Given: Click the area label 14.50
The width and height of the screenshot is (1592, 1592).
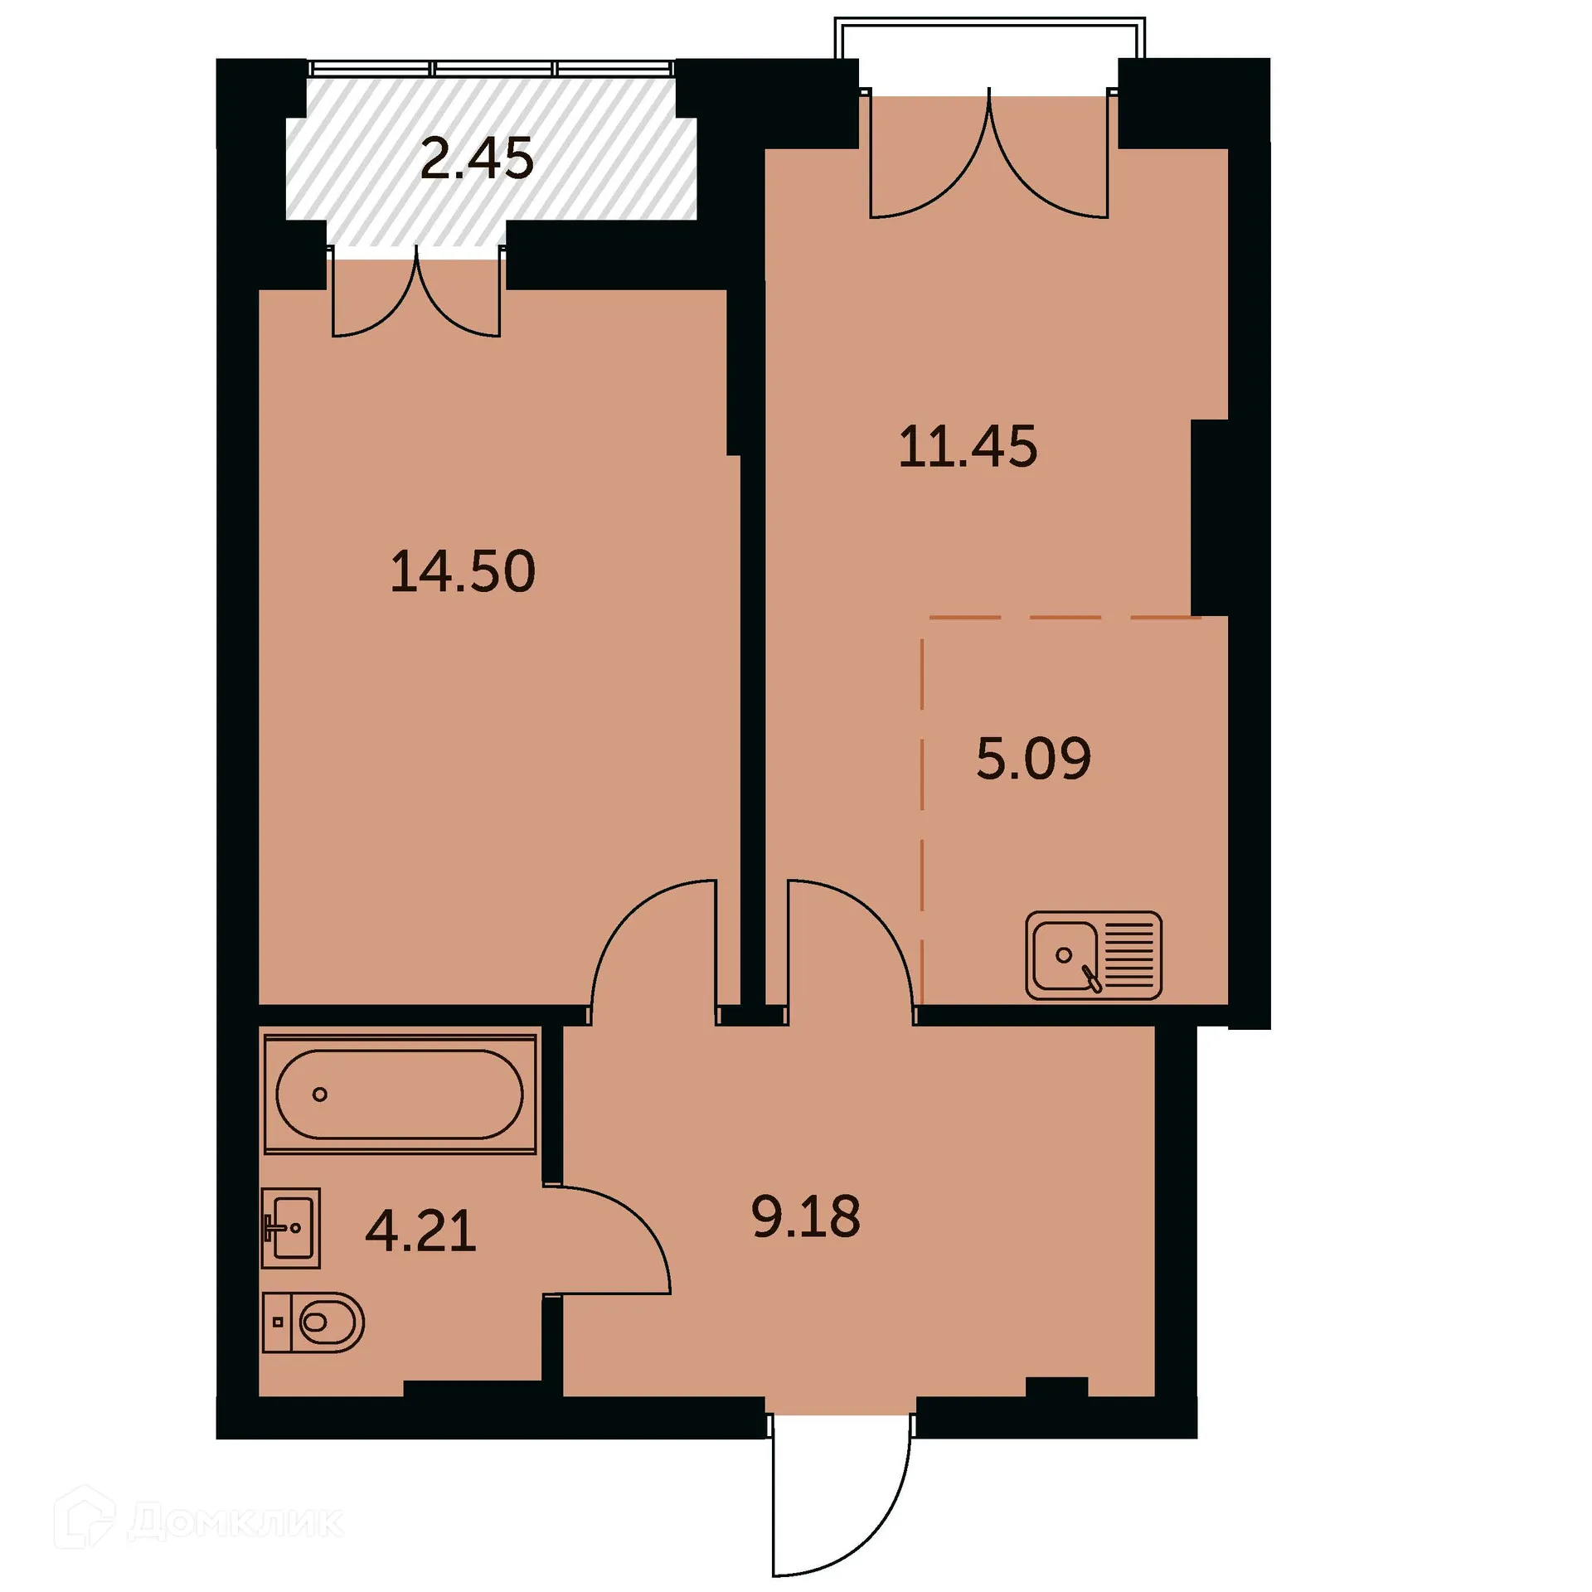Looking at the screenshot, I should [x=463, y=571].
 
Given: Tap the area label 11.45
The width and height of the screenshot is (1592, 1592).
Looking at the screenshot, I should [x=968, y=447].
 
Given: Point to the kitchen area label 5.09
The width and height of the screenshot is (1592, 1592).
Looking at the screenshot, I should [x=1033, y=758].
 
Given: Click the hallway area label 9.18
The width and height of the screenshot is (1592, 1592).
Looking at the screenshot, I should [x=806, y=1217].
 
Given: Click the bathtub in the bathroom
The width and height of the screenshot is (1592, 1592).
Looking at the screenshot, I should [x=400, y=1094].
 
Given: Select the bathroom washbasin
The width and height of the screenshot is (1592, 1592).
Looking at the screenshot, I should [x=290, y=1227].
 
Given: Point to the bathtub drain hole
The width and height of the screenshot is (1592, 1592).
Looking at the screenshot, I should [x=319, y=1094].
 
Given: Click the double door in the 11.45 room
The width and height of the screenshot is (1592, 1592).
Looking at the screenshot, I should [x=989, y=158].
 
